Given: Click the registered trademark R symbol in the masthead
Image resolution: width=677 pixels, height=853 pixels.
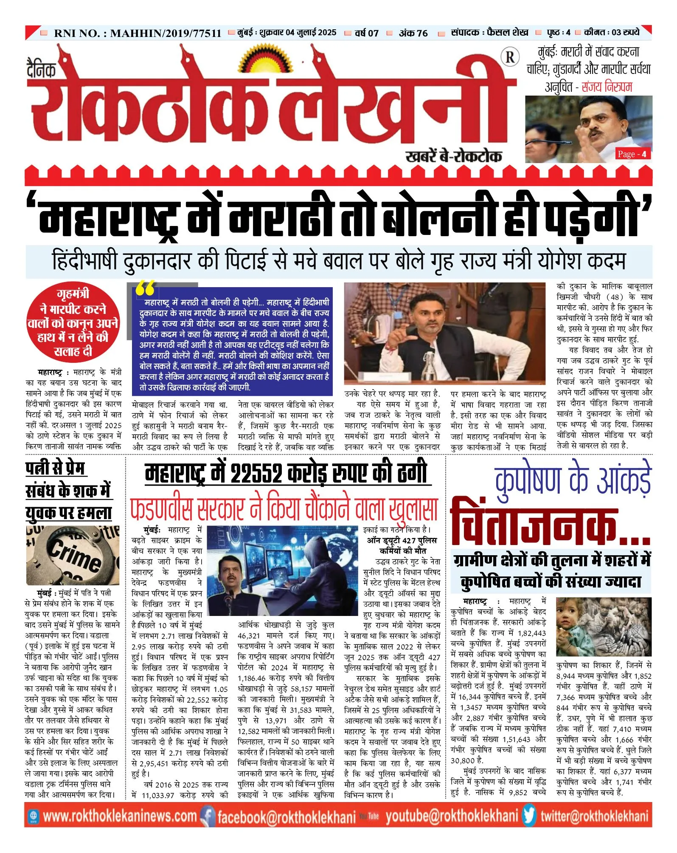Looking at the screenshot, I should point(510,57).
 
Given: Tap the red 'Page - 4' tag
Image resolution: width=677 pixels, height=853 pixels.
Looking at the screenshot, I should point(632,154).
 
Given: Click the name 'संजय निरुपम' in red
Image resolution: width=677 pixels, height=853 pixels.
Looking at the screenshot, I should point(607,87).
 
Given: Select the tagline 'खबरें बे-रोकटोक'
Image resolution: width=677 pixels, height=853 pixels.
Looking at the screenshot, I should point(454,156).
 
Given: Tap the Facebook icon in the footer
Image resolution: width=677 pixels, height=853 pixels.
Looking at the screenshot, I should point(208,816).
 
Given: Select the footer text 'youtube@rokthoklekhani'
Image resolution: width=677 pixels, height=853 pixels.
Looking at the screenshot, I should point(452,816).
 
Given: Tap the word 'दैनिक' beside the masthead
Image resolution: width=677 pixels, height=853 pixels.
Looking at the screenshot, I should point(41,69).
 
